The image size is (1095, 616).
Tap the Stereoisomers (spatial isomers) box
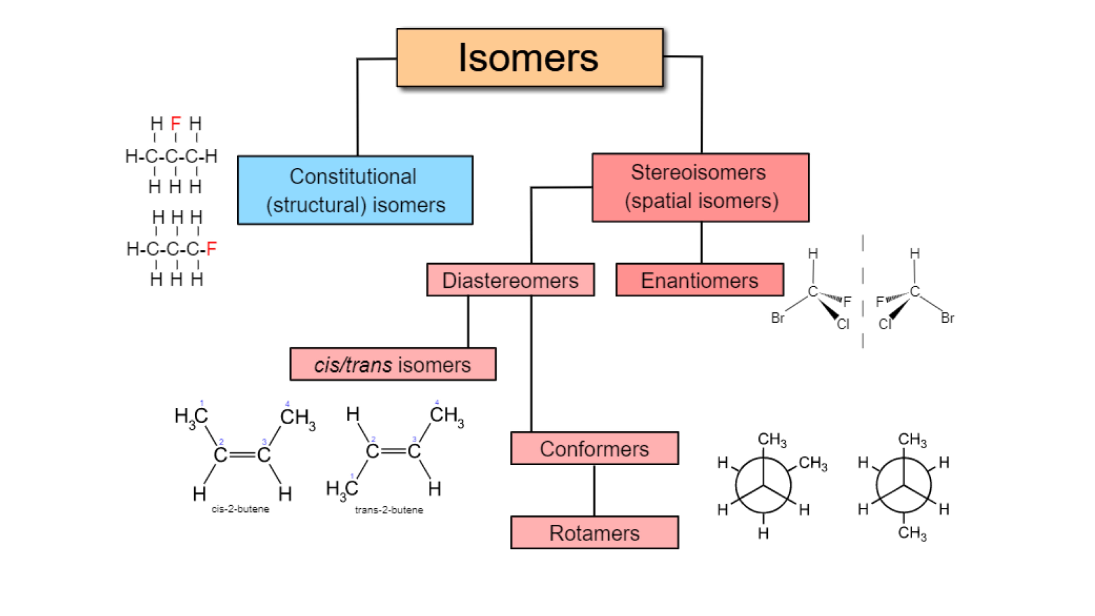pyautogui.click(x=701, y=187)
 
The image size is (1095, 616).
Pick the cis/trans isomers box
pyautogui.click(x=393, y=364)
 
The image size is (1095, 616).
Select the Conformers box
pyautogui.click(x=594, y=448)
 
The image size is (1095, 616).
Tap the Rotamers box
pyautogui.click(x=594, y=533)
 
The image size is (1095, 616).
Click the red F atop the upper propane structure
pyautogui.click(x=176, y=124)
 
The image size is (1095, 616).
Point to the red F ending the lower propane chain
pyautogui.click(x=211, y=249)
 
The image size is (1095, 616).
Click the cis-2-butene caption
pyautogui.click(x=240, y=509)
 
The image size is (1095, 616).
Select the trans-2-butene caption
pyautogui.click(x=389, y=510)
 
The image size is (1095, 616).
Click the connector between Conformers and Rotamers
pyautogui.click(x=594, y=490)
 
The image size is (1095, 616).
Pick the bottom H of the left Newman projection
pyautogui.click(x=763, y=533)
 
